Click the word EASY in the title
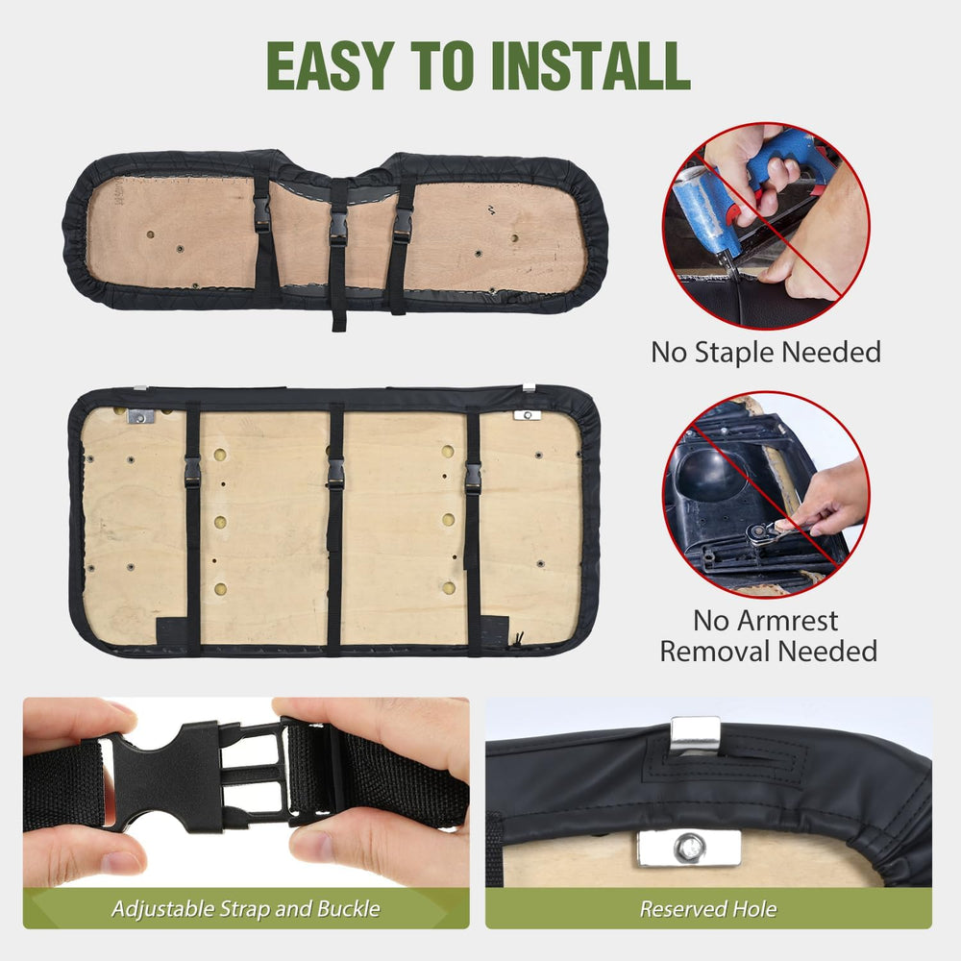(329, 66)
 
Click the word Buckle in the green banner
(349, 908)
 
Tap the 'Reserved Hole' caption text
(708, 908)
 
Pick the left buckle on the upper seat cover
(261, 214)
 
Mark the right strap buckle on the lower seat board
(473, 479)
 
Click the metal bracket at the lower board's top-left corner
(140, 417)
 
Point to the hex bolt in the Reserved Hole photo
(688, 849)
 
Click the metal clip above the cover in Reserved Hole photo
(695, 735)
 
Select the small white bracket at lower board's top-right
(527, 415)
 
